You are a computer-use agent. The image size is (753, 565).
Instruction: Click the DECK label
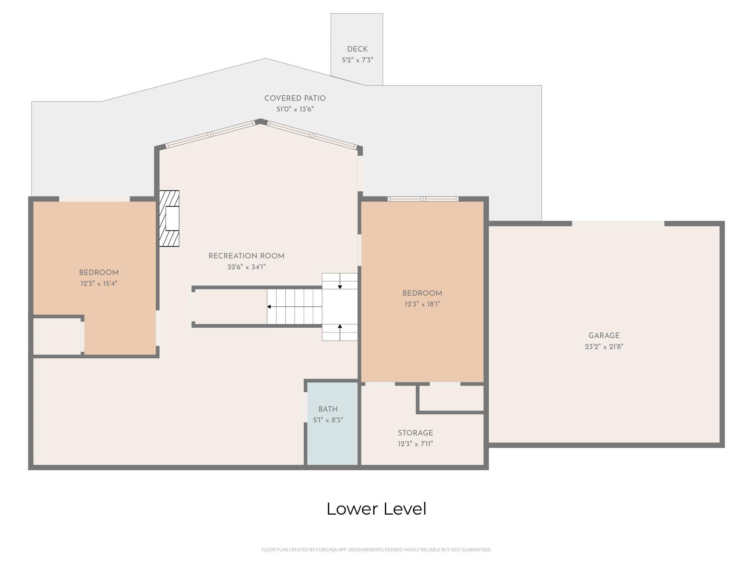click(357, 49)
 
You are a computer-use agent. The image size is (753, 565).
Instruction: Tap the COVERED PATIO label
click(295, 98)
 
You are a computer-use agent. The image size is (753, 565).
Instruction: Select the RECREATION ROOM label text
click(246, 256)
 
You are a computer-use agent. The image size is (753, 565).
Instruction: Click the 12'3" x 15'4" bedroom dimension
click(99, 284)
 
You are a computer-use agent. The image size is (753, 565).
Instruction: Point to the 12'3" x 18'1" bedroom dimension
click(422, 304)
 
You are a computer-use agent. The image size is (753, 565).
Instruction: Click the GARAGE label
click(604, 335)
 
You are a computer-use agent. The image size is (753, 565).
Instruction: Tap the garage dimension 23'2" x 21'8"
click(604, 347)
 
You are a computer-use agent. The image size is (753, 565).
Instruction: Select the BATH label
click(328, 409)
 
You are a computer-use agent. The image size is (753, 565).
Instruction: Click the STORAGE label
click(415, 433)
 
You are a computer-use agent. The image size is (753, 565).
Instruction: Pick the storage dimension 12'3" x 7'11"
click(415, 444)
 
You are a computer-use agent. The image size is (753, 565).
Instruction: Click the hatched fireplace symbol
click(169, 218)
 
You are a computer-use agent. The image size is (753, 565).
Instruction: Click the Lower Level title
click(376, 509)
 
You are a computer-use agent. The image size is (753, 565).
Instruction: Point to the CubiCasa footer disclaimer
click(376, 550)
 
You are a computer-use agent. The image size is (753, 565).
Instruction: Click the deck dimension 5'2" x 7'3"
click(357, 60)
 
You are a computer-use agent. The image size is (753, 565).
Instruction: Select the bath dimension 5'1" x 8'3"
click(328, 420)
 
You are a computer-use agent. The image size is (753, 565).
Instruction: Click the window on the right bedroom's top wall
click(423, 199)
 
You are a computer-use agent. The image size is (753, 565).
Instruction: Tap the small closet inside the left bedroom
click(57, 337)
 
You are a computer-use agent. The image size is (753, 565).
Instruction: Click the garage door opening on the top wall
click(618, 223)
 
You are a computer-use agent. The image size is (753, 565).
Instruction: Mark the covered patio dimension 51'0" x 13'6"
click(295, 109)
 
